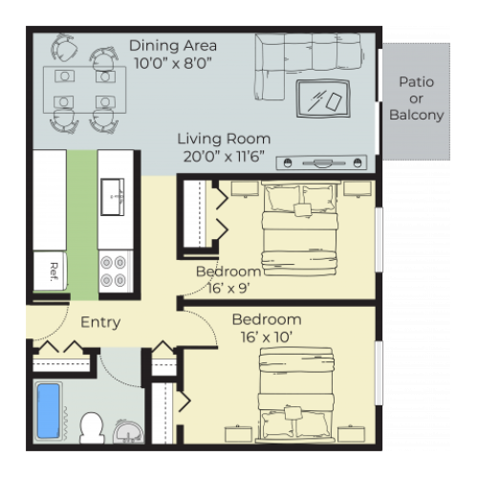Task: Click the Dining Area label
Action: (173, 45)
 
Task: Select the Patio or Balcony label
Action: (416, 98)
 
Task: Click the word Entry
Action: (99, 322)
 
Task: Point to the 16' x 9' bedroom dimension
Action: (229, 287)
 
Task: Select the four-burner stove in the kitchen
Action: (114, 271)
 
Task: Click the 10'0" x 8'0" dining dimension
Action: (173, 62)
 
